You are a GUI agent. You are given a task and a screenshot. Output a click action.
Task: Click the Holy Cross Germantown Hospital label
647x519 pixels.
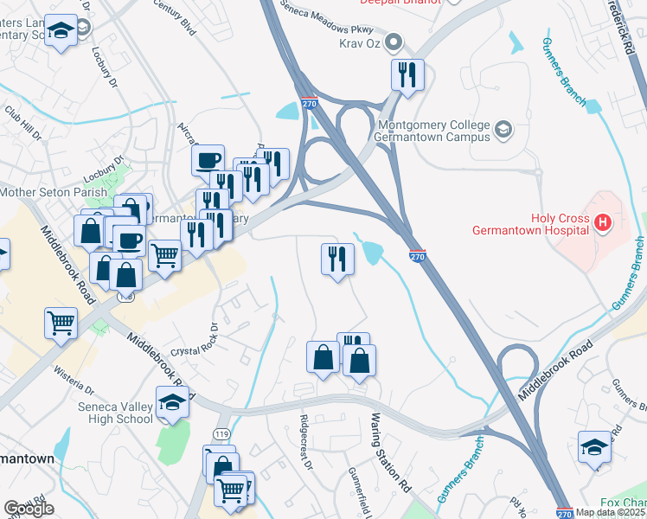point(530,225)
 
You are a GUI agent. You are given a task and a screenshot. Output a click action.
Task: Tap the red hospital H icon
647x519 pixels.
point(604,223)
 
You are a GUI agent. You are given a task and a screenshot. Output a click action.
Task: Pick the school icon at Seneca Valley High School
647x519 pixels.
point(172,402)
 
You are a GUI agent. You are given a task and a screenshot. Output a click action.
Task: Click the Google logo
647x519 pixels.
point(29,509)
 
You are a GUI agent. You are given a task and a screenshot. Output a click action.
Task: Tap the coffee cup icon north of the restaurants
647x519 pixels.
point(208,160)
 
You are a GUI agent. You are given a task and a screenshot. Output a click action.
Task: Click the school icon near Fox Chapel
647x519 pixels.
point(594,446)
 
